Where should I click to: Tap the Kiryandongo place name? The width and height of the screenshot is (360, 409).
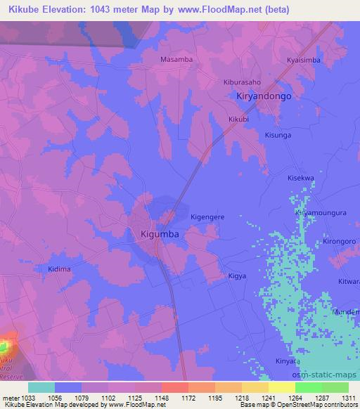(x=264, y=96)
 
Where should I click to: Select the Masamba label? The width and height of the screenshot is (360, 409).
(x=176, y=60)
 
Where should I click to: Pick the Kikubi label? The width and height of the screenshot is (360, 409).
(x=239, y=120)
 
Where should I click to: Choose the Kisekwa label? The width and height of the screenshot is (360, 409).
(x=303, y=178)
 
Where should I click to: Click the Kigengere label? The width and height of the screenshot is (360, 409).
(x=207, y=218)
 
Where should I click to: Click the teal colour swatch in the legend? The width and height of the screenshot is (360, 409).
(x=41, y=387)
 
